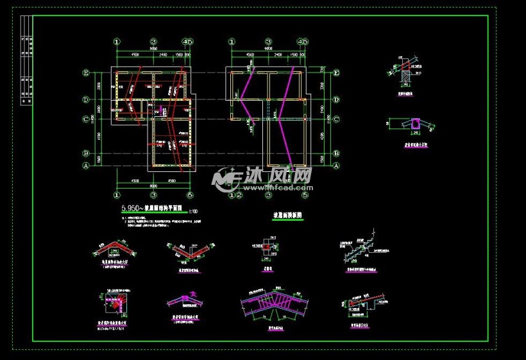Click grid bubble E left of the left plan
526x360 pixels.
pyautogui.click(x=85, y=74)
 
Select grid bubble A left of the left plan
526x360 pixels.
pyautogui.click(x=85, y=165)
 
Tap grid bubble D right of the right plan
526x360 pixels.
pyautogui.click(x=336, y=100)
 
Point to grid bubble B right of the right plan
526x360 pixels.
pyautogui.click(x=336, y=153)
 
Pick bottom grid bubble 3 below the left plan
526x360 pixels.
pyautogui.click(x=153, y=194)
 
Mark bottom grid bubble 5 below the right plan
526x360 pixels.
pyautogui.click(x=305, y=194)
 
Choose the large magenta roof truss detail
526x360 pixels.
pyautogui.click(x=275, y=304)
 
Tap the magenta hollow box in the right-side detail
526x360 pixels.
pyautogui.click(x=416, y=122)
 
